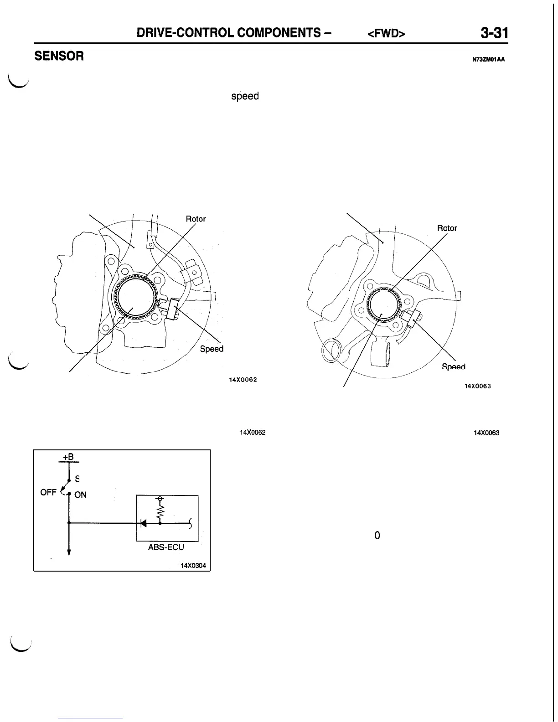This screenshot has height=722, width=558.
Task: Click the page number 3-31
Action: [494, 33]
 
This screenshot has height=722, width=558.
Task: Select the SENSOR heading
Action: [59, 56]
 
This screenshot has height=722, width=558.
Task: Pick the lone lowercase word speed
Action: [245, 97]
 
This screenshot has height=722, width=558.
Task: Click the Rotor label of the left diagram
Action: [196, 219]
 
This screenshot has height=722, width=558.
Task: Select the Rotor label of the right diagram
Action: [447, 228]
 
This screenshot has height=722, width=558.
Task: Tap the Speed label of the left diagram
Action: [212, 349]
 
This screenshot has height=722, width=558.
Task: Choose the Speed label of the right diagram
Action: [454, 367]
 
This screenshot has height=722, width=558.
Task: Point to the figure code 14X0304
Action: [193, 566]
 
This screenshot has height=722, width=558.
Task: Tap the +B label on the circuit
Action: [69, 457]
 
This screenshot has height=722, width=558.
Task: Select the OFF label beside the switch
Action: [48, 493]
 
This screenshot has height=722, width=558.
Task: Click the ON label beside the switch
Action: [81, 495]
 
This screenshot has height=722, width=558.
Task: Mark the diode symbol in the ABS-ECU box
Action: [144, 523]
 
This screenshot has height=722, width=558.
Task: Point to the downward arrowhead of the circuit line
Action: [69, 552]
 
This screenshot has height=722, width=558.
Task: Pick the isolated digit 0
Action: [377, 536]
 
